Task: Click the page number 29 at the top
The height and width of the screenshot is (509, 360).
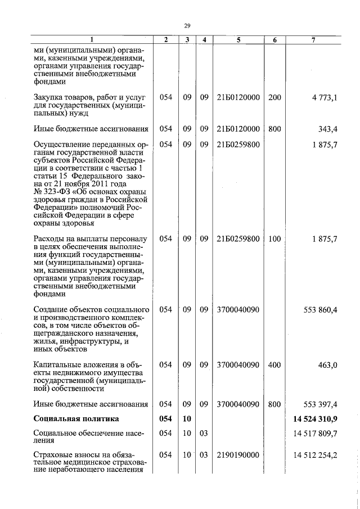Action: click(x=187, y=25)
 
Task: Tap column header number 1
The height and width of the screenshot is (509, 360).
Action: click(x=92, y=40)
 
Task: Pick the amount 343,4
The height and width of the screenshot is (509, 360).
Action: click(x=327, y=129)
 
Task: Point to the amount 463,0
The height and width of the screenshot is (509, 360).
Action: click(x=327, y=365)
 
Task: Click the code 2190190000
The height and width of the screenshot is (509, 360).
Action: click(x=238, y=454)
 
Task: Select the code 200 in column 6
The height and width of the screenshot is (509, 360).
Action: click(x=274, y=97)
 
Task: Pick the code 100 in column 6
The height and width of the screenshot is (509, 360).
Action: click(x=274, y=239)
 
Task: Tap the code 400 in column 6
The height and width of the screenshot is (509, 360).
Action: click(x=274, y=365)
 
